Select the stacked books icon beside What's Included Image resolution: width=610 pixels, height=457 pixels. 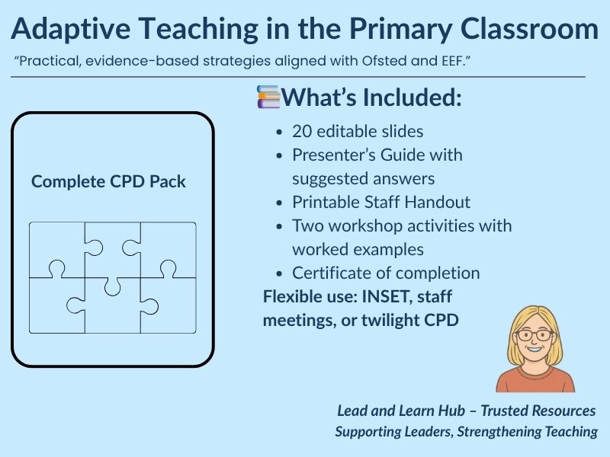268,97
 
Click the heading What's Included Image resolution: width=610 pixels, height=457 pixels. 372,97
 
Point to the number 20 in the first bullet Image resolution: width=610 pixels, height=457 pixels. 301,131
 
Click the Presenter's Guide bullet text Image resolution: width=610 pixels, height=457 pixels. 377,155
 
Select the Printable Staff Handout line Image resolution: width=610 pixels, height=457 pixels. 380,202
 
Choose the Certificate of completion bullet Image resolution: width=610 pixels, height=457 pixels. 386,273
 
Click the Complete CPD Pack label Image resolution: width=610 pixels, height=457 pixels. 108,182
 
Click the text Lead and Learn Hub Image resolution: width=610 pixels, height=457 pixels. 397,411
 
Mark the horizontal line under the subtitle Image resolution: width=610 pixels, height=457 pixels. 297,77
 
